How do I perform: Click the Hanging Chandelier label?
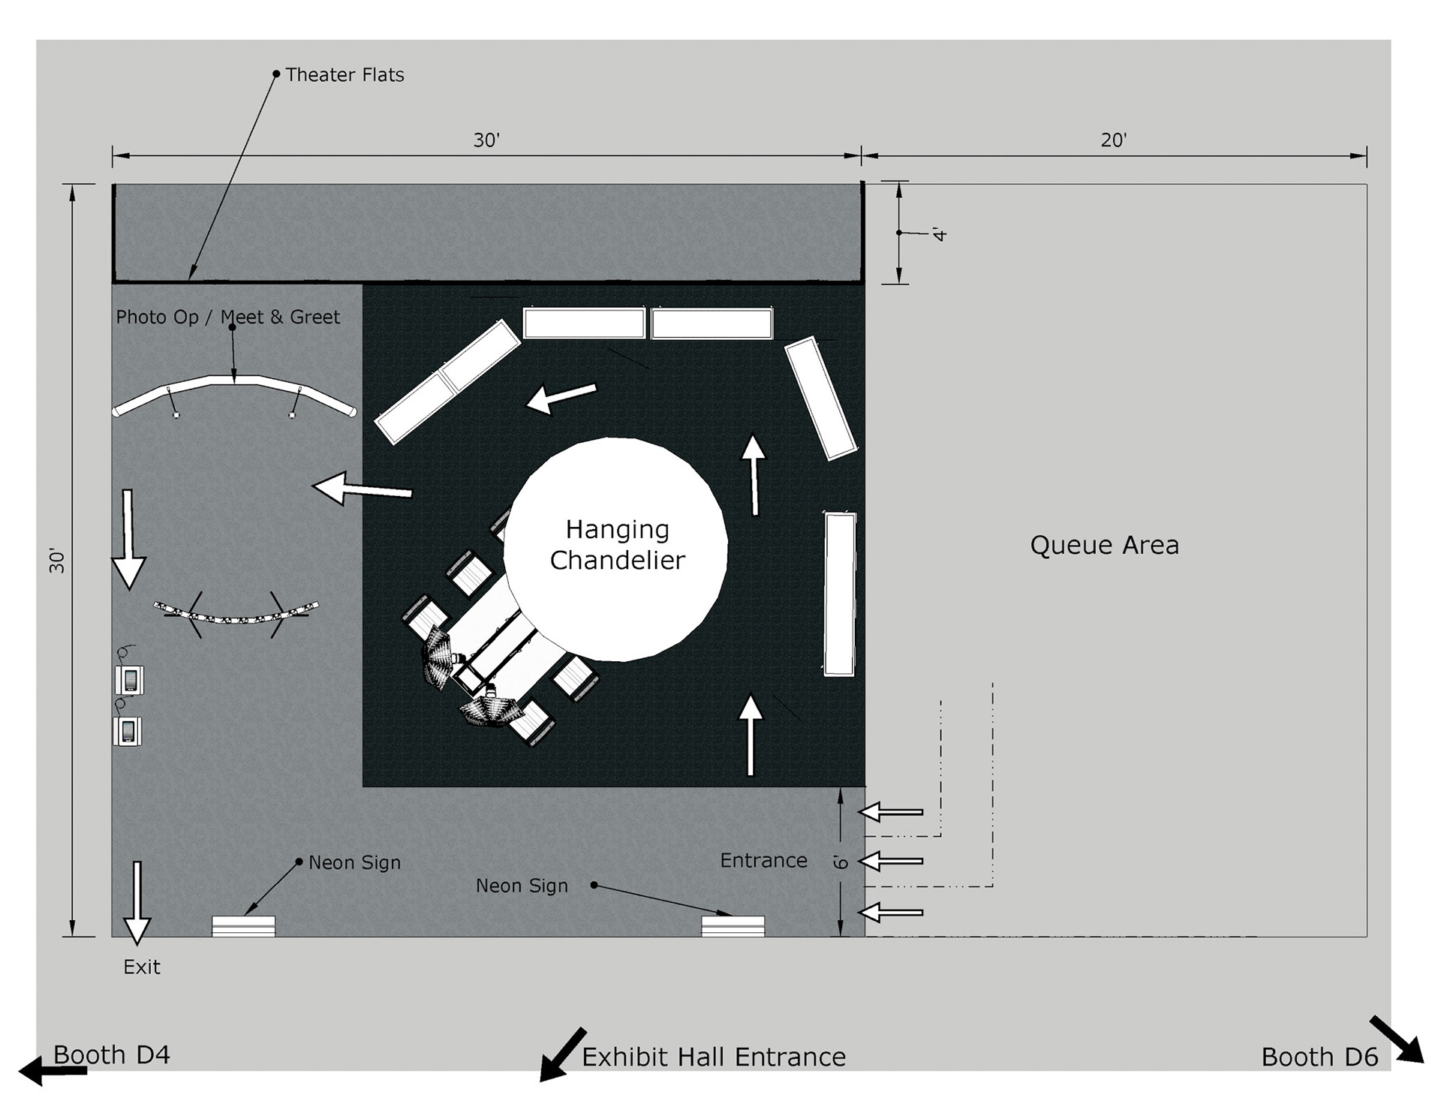click(617, 545)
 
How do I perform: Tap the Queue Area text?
click(1104, 545)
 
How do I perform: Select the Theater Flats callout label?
click(344, 75)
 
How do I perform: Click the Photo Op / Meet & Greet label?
click(227, 317)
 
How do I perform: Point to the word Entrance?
click(763, 860)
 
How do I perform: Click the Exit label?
click(142, 967)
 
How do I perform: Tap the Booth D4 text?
click(112, 1054)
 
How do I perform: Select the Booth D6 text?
click(1319, 1057)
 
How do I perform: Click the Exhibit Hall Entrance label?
click(714, 1057)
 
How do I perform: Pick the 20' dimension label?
click(1114, 140)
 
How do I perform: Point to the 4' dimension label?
click(940, 233)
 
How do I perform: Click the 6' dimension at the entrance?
click(841, 862)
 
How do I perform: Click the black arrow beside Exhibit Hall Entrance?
click(562, 1054)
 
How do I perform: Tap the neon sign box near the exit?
click(243, 926)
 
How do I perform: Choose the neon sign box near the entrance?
click(733, 926)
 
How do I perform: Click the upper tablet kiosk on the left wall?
click(130, 680)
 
